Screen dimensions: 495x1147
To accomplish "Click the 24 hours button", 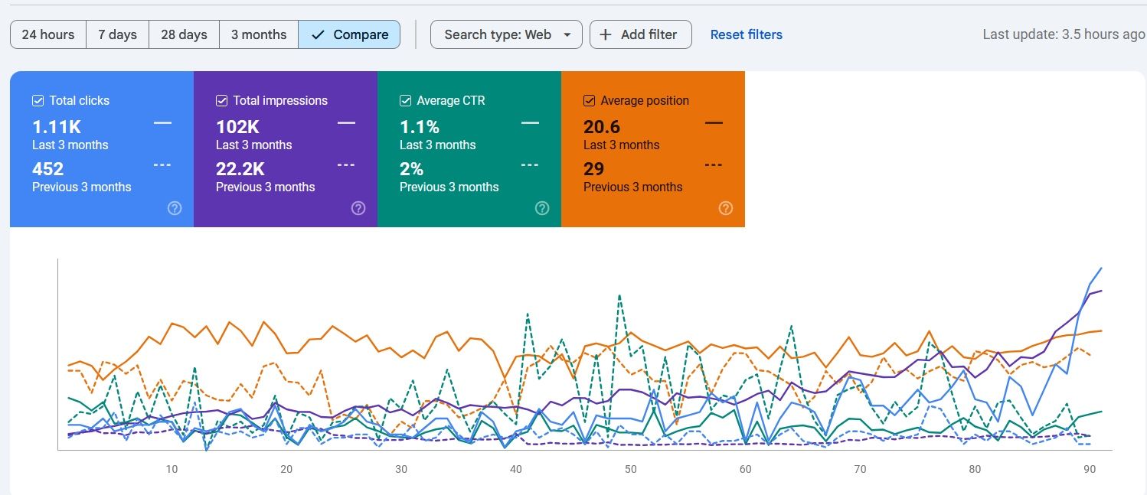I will pos(48,34).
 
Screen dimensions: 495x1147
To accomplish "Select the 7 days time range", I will pos(117,34).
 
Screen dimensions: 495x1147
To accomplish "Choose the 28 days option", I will pos(184,34).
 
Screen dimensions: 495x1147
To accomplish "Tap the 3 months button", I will pos(259,34).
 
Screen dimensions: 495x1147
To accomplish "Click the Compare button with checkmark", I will pos(349,34).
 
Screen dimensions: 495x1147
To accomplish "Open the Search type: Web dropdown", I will pos(506,34).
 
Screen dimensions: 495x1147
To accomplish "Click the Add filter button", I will pos(640,34).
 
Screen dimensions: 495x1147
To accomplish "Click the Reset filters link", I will pos(746,34).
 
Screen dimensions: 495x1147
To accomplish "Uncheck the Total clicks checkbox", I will pos(38,100).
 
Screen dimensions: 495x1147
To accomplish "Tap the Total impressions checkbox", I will pos(222,100).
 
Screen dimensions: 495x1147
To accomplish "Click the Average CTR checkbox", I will pos(406,100).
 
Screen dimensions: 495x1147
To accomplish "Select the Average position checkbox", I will pos(590,100).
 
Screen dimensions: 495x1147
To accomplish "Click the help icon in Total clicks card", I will pos(175,208).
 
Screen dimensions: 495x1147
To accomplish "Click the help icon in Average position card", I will pos(726,208).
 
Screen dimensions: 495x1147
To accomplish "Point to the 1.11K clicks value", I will pos(56,127).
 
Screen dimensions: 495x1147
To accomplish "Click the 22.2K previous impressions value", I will pos(240,169).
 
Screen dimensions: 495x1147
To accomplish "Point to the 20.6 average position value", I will pos(602,127).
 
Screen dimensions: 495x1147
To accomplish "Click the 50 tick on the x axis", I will pos(630,469).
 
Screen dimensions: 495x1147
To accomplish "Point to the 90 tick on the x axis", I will pos(1089,469).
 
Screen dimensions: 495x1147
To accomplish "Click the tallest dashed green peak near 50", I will pos(619,295).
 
